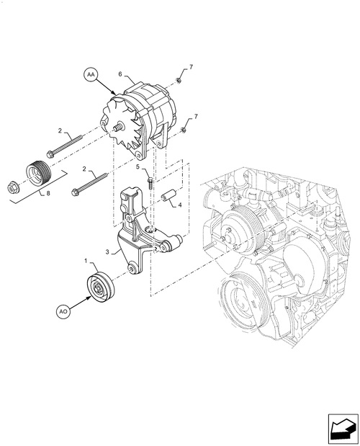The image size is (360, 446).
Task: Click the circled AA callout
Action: (x=91, y=74)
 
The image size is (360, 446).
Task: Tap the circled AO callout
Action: (x=63, y=312)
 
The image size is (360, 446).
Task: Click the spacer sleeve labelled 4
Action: (x=168, y=196)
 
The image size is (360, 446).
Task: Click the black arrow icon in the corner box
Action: (x=341, y=431)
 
